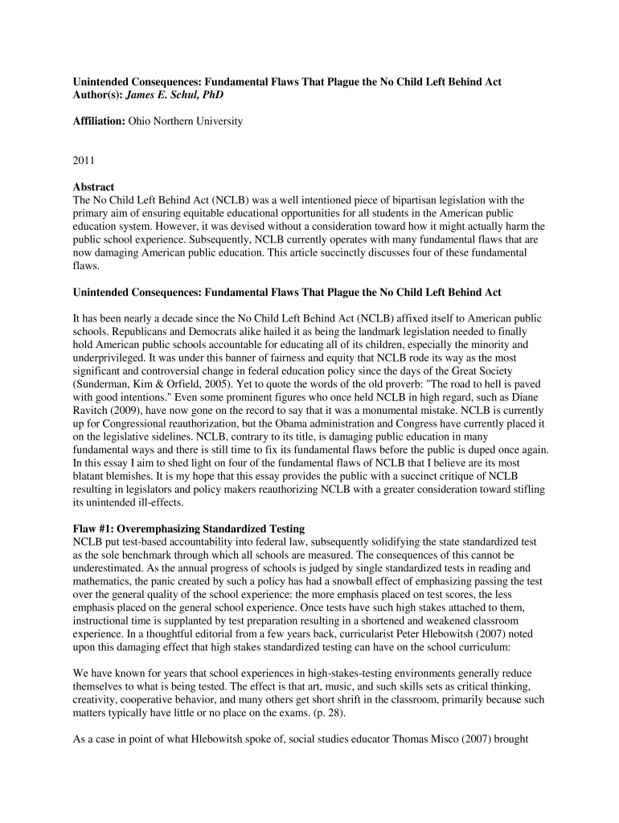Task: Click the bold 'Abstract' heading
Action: pyautogui.click(x=94, y=186)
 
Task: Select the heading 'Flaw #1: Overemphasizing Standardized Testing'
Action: pyautogui.click(x=189, y=529)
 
